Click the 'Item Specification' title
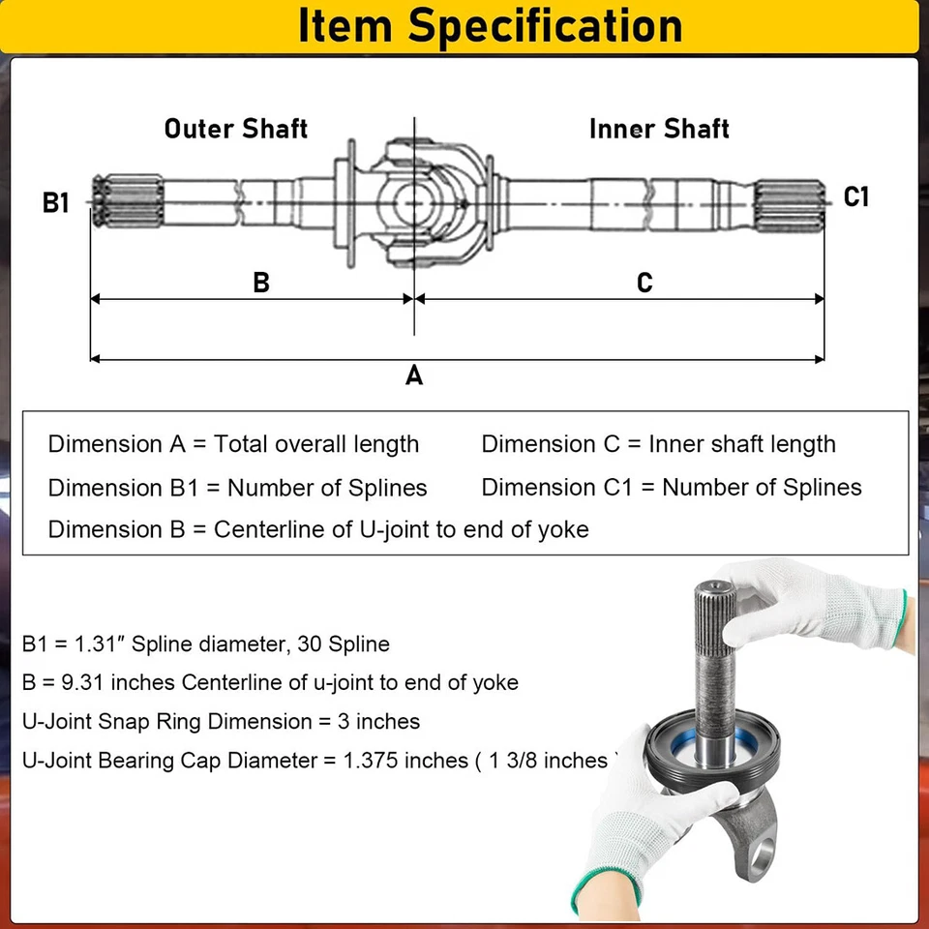490,25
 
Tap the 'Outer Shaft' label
235,129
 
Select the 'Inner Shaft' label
659,129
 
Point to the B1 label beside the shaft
56,203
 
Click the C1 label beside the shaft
856,197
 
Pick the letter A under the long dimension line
414,375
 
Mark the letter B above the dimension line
260,283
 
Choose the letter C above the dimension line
644,283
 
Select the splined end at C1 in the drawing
791,199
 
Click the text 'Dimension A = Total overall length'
233,444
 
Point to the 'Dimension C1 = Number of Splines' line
672,487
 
